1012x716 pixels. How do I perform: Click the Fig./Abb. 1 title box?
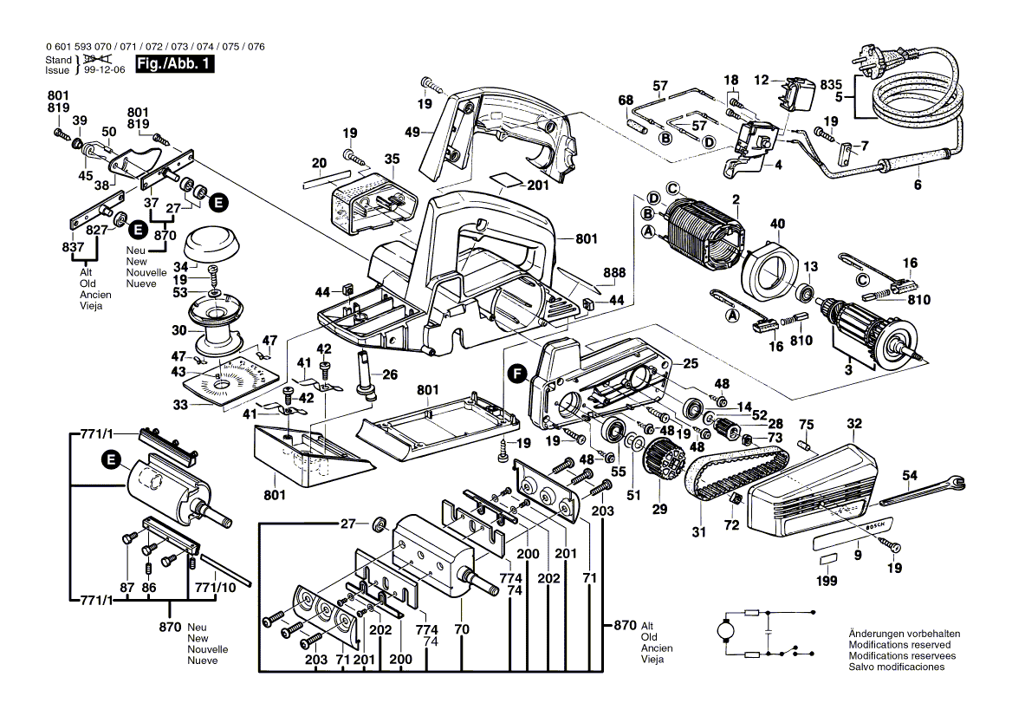(174, 64)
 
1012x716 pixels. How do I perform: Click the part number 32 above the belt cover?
(854, 424)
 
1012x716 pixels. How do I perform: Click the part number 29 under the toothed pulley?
(660, 510)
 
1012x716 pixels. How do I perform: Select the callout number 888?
(614, 272)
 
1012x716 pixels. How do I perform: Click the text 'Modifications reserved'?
(899, 645)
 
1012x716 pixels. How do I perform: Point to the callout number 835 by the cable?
(830, 84)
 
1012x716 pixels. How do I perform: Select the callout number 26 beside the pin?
(390, 375)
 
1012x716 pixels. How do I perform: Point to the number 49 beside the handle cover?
(412, 132)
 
